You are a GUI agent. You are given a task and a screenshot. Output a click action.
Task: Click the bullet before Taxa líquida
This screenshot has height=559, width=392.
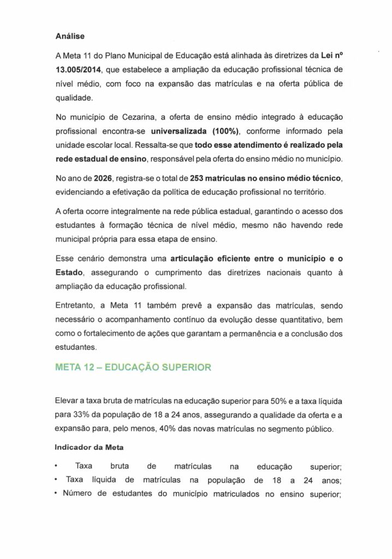[57, 480]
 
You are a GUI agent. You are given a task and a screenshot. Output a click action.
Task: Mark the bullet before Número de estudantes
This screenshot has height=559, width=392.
[57, 495]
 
